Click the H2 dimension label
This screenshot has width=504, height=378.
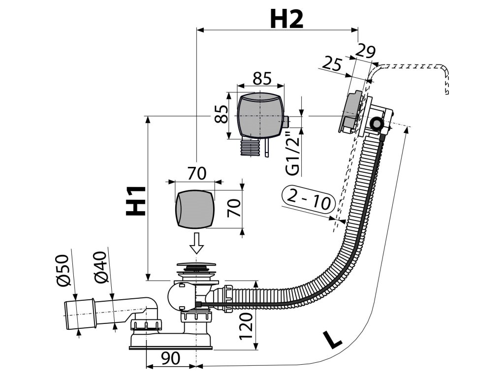tap(286, 19)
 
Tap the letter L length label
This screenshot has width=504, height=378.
tap(332, 340)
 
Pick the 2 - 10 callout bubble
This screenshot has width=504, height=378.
tap(310, 198)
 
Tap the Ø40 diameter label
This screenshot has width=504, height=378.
tap(100, 268)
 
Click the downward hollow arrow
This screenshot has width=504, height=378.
tap(196, 243)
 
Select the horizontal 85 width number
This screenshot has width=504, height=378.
tap(262, 77)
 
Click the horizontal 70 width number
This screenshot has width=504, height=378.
tap(196, 173)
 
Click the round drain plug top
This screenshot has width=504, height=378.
tap(195, 266)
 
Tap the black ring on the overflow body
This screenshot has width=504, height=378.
tap(378, 124)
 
